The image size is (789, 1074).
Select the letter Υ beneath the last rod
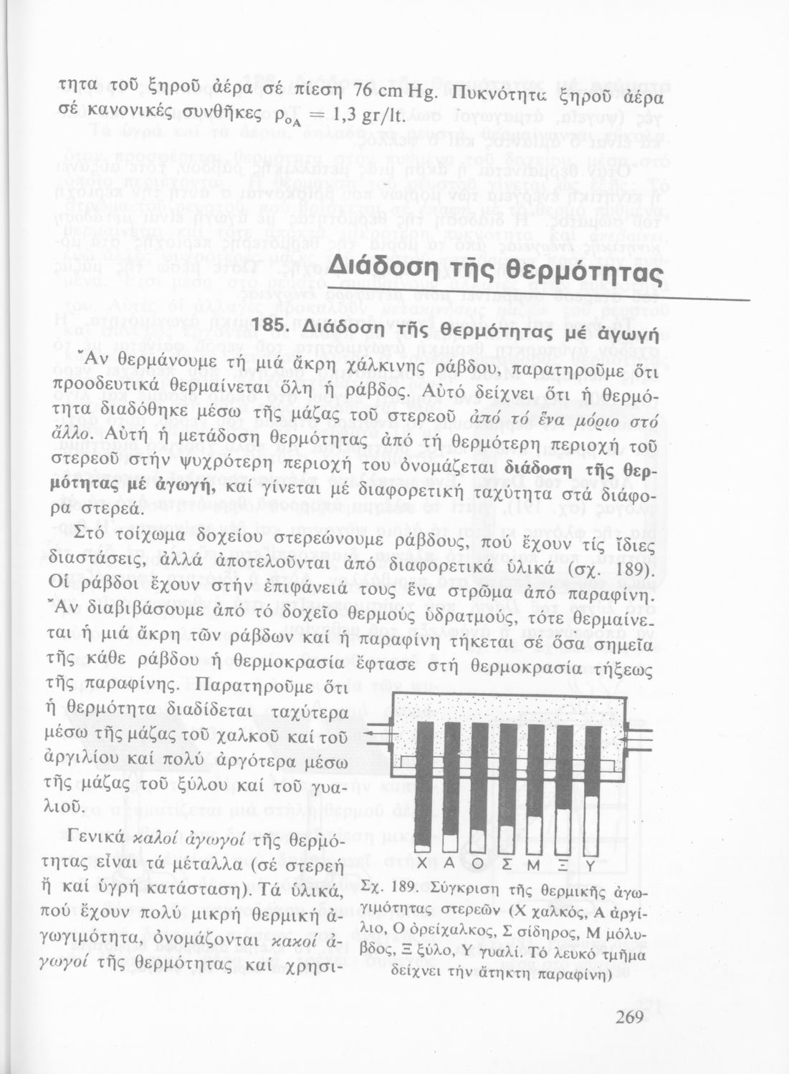pos(592,865)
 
